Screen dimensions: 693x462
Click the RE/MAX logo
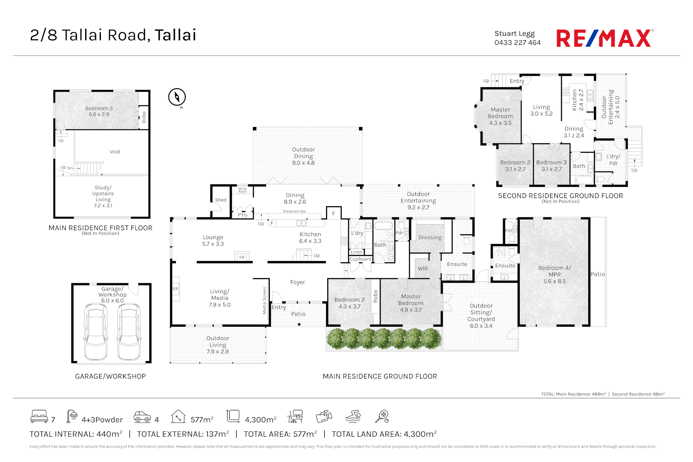[604, 38]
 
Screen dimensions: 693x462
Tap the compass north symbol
[177, 97]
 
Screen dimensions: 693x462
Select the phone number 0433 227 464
[517, 43]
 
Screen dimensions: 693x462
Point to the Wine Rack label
[243, 190]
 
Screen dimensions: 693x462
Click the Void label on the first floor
[115, 152]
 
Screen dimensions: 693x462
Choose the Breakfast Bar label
[294, 211]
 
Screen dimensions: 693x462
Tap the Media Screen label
[264, 300]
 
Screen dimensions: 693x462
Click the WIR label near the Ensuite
[423, 269]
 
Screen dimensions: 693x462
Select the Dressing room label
[430, 237]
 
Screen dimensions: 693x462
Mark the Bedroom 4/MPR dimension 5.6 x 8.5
[554, 281]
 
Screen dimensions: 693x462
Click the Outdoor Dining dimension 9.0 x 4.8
[303, 163]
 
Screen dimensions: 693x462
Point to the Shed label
[221, 200]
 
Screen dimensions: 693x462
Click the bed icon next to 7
[39, 416]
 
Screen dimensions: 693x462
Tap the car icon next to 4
[142, 417]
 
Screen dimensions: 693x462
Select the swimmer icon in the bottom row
[353, 416]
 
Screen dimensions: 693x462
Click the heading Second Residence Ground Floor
[560, 196]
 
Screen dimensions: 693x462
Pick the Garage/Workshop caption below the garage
[110, 376]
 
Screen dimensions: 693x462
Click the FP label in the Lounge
[242, 257]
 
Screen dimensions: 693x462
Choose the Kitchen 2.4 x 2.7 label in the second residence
[577, 100]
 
